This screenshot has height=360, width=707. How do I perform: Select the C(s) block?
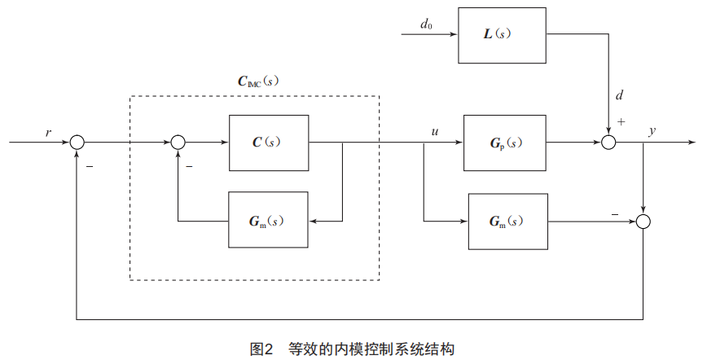(269, 142)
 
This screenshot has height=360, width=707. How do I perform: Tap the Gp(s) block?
(506, 143)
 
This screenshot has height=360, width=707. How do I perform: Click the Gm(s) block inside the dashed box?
(269, 220)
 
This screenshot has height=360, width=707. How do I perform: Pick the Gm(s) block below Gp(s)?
(508, 221)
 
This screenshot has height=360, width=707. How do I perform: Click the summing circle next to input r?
(77, 143)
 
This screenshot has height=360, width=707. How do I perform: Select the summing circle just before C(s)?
(178, 143)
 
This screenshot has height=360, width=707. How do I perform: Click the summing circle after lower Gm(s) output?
(643, 221)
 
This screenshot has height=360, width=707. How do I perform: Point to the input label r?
(49, 130)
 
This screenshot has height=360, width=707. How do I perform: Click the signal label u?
(436, 130)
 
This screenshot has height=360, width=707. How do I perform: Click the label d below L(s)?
(619, 96)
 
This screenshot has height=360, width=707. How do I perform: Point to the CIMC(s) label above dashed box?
(253, 81)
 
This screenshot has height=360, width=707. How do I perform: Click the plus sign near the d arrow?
(621, 122)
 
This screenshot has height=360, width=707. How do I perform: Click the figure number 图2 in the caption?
(261, 349)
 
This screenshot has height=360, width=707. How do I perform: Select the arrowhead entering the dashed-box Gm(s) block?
(314, 221)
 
